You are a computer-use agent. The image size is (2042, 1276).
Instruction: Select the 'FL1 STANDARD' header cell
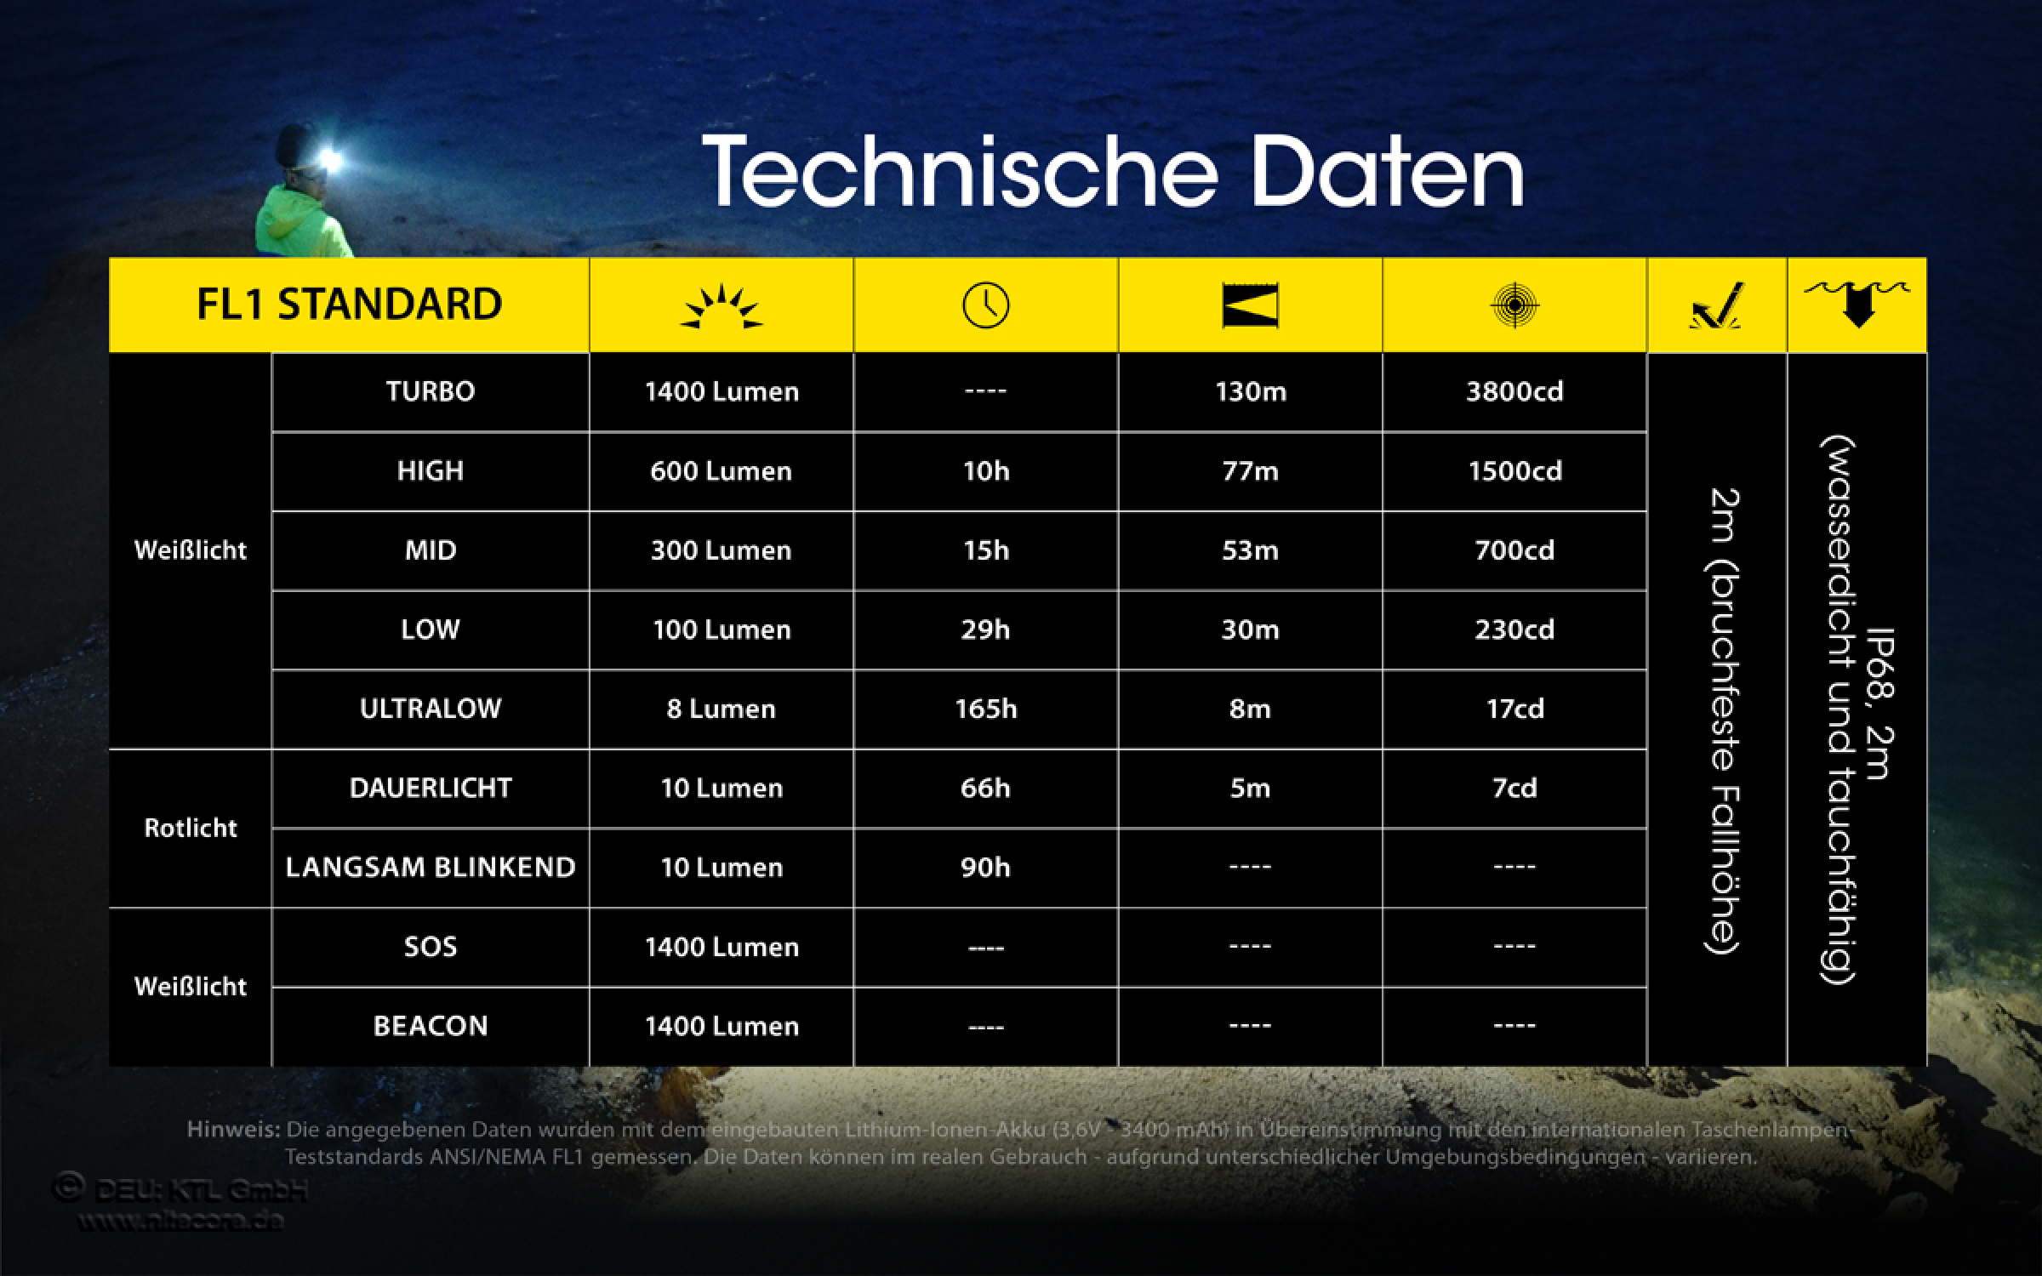349,305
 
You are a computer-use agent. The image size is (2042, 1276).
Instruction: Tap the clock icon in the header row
985,305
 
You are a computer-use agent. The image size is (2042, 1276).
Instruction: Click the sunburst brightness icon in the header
722,305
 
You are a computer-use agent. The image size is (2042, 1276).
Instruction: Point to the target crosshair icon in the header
1514,305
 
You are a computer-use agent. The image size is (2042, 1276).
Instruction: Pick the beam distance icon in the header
1250,305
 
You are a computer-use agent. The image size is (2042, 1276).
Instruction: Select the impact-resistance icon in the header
1716,305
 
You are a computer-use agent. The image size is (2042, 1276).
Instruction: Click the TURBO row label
431,391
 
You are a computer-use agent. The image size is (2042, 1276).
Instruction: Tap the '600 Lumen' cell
721,471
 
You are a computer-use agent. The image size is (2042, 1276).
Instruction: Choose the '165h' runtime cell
985,709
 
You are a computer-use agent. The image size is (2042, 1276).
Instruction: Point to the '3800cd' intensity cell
1514,391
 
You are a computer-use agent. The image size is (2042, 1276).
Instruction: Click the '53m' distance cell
1250,550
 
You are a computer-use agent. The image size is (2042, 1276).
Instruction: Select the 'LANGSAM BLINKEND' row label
431,868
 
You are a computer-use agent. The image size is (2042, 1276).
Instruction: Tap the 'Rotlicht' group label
191,828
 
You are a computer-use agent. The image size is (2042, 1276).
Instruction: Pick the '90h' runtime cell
985,868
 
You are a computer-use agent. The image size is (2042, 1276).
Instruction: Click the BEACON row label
431,1026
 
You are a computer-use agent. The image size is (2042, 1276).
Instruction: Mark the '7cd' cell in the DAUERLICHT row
1514,788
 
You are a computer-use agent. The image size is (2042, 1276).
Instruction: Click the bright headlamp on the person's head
328,160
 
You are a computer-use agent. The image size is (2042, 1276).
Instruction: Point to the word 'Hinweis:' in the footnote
232,1131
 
